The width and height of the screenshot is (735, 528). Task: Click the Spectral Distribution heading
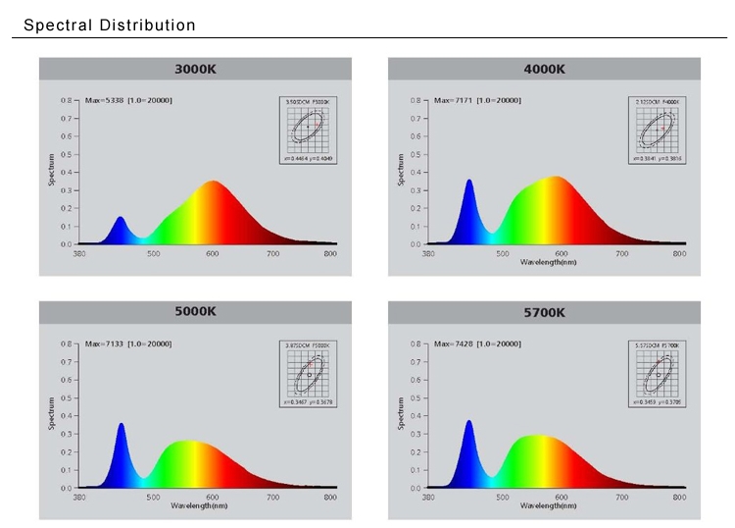click(x=109, y=25)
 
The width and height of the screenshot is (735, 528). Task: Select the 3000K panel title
click(x=195, y=69)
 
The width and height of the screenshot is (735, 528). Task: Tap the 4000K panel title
click(x=544, y=69)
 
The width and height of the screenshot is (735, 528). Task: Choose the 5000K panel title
click(x=195, y=312)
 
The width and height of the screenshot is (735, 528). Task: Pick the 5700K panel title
click(x=544, y=312)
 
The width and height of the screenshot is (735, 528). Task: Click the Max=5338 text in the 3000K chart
click(x=104, y=100)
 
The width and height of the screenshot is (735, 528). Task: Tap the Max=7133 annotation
click(x=104, y=343)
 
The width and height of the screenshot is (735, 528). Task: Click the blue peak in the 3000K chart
click(x=121, y=219)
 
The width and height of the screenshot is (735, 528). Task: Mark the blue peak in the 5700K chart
click(x=468, y=423)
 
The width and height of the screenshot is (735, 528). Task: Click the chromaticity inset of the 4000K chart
click(x=660, y=129)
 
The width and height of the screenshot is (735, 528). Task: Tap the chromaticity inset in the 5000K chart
click(x=311, y=373)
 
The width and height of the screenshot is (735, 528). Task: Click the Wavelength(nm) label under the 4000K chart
click(x=548, y=263)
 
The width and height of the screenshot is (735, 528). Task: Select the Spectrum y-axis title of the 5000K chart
click(x=52, y=413)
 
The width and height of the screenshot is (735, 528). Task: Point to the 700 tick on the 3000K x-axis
click(x=272, y=253)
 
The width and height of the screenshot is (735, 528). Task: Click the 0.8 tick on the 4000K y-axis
click(x=415, y=100)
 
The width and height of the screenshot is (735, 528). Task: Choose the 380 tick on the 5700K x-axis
click(x=428, y=497)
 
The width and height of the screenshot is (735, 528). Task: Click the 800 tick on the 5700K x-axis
click(x=679, y=497)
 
